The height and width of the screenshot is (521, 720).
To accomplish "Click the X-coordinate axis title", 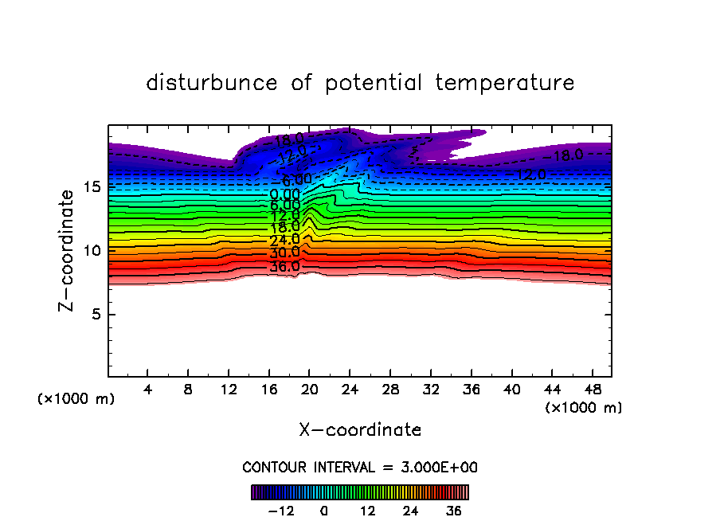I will tap(360, 430).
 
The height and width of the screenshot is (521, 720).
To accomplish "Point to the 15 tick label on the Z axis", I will tap(92, 186).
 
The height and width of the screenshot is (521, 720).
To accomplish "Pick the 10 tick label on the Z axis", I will tap(92, 250).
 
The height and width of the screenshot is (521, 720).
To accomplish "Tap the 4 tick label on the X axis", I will tap(148, 390).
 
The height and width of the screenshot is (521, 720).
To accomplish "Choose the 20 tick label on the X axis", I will tap(310, 390).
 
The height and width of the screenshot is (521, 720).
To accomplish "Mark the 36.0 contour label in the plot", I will tap(284, 266).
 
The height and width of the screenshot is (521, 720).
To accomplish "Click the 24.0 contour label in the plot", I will tap(284, 240).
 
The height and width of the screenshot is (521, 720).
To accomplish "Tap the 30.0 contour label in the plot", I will tap(284, 253).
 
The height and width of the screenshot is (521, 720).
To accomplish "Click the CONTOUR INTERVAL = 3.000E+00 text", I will tap(360, 467).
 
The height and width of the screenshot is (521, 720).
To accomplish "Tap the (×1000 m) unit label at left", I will tap(76, 399).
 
